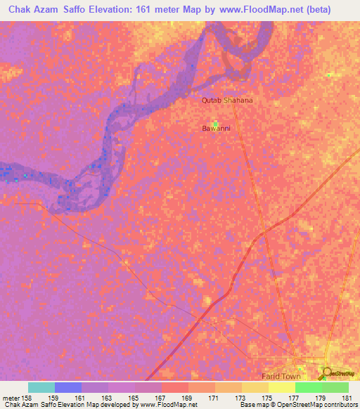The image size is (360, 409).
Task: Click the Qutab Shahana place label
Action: click(227, 100)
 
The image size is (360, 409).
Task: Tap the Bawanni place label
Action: click(217, 129)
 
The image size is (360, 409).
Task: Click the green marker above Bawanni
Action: click(215, 123)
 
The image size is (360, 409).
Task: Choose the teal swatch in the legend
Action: click(41, 387)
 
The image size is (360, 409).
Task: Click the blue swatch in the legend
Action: click(68, 387)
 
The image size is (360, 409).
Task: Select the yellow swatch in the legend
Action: click(282, 387)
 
